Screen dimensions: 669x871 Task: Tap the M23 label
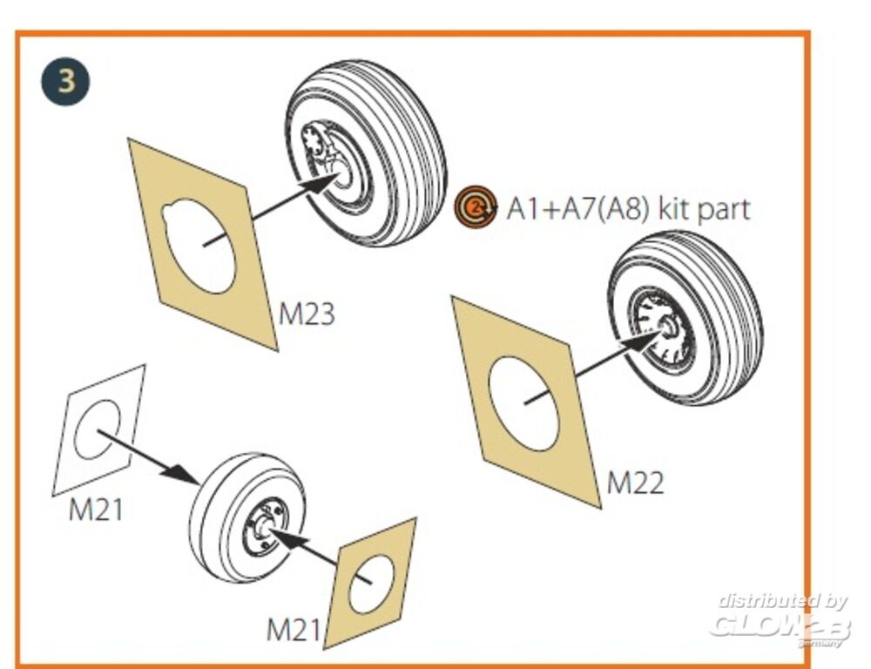point(306,314)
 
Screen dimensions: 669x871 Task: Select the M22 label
point(635,482)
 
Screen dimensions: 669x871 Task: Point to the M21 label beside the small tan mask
point(293,629)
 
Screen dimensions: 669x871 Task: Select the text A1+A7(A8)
point(578,209)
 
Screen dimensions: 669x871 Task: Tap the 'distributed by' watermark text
point(782,600)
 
